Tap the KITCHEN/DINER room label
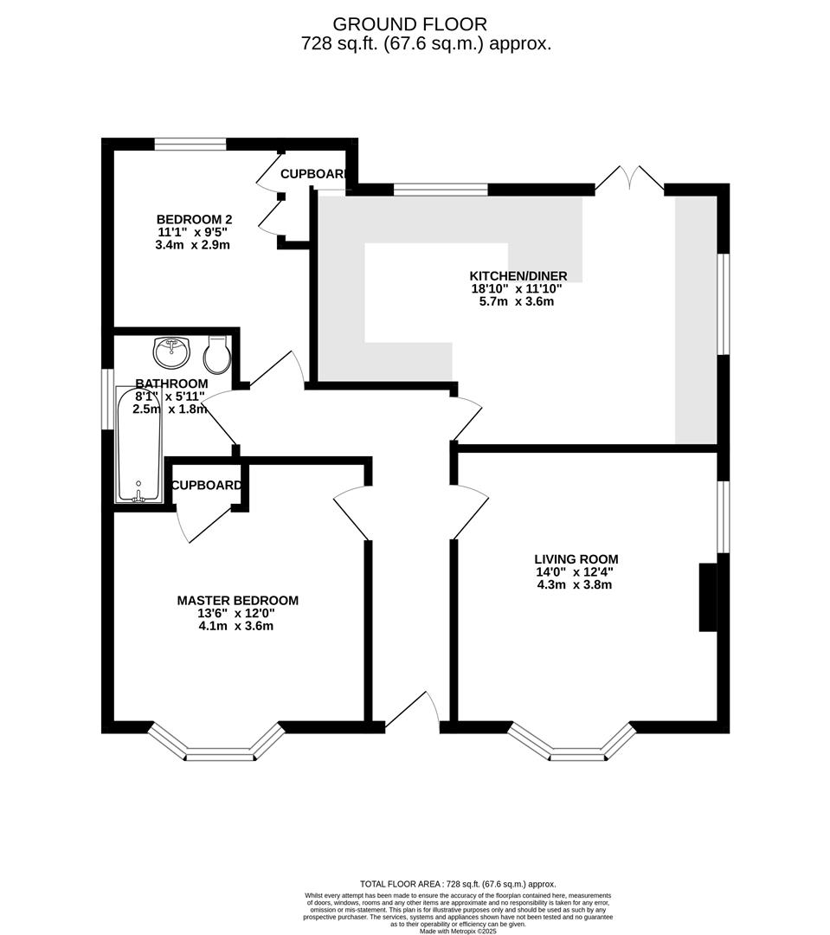pos(519,275)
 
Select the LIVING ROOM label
pos(576,558)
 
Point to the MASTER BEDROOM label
pos(237,600)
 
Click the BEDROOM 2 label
pos(194,219)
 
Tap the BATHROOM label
pos(171,384)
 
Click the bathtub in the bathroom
pos(138,445)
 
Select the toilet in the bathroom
pos(216,351)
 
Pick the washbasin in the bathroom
pos(171,351)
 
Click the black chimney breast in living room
pos(708,597)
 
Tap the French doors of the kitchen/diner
pos(629,177)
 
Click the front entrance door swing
pos(415,708)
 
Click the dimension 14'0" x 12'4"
pos(575,571)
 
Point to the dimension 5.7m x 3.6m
pos(518,301)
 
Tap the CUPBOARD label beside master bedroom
pos(206,486)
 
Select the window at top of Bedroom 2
pos(190,145)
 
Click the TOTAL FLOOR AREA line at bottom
pos(458,884)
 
